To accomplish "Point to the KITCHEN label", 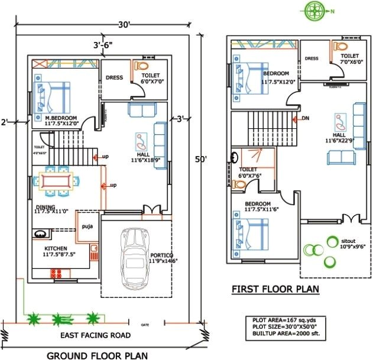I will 54,248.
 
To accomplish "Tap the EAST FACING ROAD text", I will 96,335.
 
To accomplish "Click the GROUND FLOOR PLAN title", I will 98,355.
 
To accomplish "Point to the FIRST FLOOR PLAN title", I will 274,289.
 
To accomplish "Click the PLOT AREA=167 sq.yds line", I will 280,320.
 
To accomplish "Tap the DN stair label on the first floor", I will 306,118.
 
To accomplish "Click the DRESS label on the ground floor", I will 113,77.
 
